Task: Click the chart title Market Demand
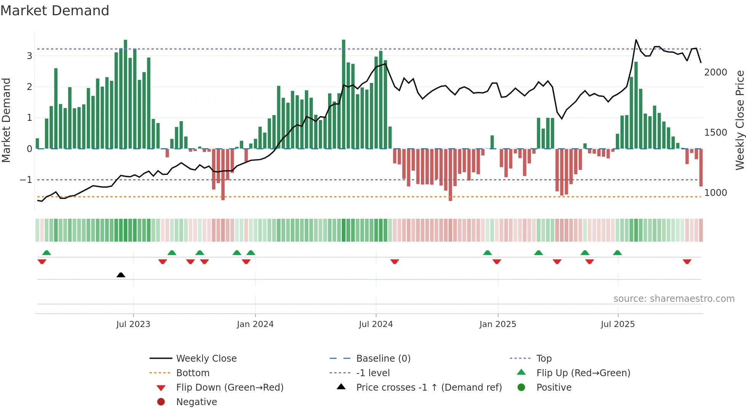(x=55, y=11)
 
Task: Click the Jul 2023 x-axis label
(x=133, y=324)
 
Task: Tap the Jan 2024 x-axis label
(x=255, y=324)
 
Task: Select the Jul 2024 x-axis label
(x=376, y=324)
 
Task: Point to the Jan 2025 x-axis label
(x=497, y=324)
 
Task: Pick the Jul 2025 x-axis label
(x=618, y=324)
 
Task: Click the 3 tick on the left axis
(x=29, y=56)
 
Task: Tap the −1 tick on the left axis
(x=26, y=180)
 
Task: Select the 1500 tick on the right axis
(x=716, y=133)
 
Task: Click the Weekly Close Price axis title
(x=740, y=120)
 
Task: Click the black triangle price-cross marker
(x=121, y=275)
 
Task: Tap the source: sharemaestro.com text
(x=674, y=299)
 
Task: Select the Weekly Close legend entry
(x=206, y=359)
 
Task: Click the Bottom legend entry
(x=193, y=373)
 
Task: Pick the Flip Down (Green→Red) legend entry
(x=230, y=388)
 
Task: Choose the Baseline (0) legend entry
(x=383, y=359)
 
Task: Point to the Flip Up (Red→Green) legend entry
(x=583, y=373)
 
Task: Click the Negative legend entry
(x=196, y=402)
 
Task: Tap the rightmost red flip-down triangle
(x=687, y=261)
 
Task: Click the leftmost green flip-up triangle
(x=46, y=253)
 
